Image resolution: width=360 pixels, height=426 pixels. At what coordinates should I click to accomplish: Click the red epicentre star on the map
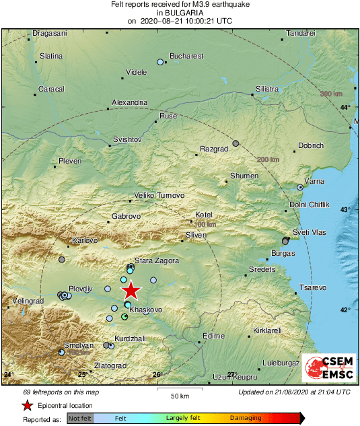131,290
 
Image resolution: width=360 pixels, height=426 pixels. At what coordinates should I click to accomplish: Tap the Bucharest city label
186,57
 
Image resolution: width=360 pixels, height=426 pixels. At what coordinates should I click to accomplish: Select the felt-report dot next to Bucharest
160,62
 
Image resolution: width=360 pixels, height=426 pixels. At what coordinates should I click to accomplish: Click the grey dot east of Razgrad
236,143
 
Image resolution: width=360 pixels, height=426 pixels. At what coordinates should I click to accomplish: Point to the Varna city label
314,182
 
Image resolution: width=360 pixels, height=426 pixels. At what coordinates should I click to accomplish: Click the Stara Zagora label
157,260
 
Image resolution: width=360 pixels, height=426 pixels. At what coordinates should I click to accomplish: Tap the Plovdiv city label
80,288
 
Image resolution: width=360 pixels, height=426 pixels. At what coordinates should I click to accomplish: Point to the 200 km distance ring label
268,159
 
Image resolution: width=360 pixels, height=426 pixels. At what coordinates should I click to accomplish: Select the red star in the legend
27,405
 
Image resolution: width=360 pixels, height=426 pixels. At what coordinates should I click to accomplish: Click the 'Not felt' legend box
79,419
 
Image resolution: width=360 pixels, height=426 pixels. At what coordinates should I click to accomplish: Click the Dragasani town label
50,33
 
